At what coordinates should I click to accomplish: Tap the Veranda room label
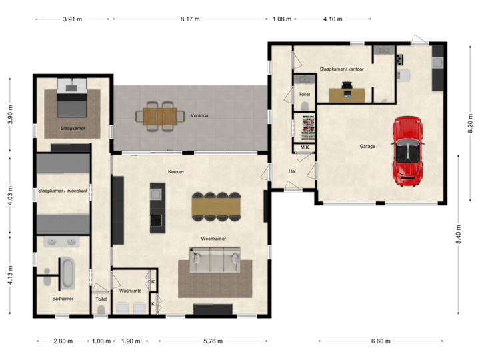[199, 115]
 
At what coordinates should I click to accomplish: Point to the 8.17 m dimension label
[190, 19]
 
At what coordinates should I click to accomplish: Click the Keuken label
[175, 171]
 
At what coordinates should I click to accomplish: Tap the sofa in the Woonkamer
[215, 260]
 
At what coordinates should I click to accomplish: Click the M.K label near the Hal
[304, 147]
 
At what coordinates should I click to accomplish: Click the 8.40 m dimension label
[459, 233]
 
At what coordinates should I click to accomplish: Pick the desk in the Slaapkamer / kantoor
[347, 94]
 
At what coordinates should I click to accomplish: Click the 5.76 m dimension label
[213, 341]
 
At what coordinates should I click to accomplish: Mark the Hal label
[292, 171]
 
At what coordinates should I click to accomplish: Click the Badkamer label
[63, 299]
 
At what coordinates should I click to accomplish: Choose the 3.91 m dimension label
[72, 19]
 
